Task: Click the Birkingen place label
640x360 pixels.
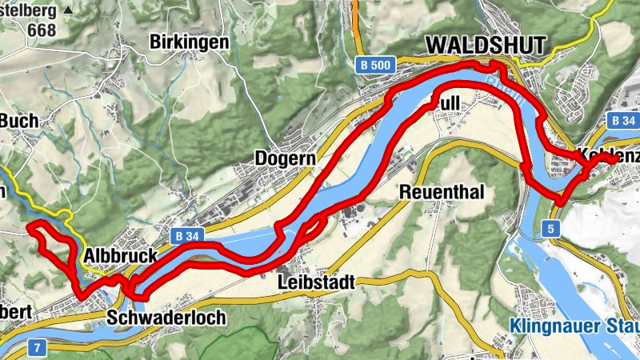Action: coord(189,42)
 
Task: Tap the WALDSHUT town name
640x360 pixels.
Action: coord(486,46)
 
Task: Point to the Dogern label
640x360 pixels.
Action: coord(282,158)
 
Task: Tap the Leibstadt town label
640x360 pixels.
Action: coord(316,282)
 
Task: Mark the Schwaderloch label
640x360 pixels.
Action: coord(166,318)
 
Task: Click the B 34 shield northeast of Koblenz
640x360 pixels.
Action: coord(623,120)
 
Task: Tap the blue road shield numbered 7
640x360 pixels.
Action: coord(35,348)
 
